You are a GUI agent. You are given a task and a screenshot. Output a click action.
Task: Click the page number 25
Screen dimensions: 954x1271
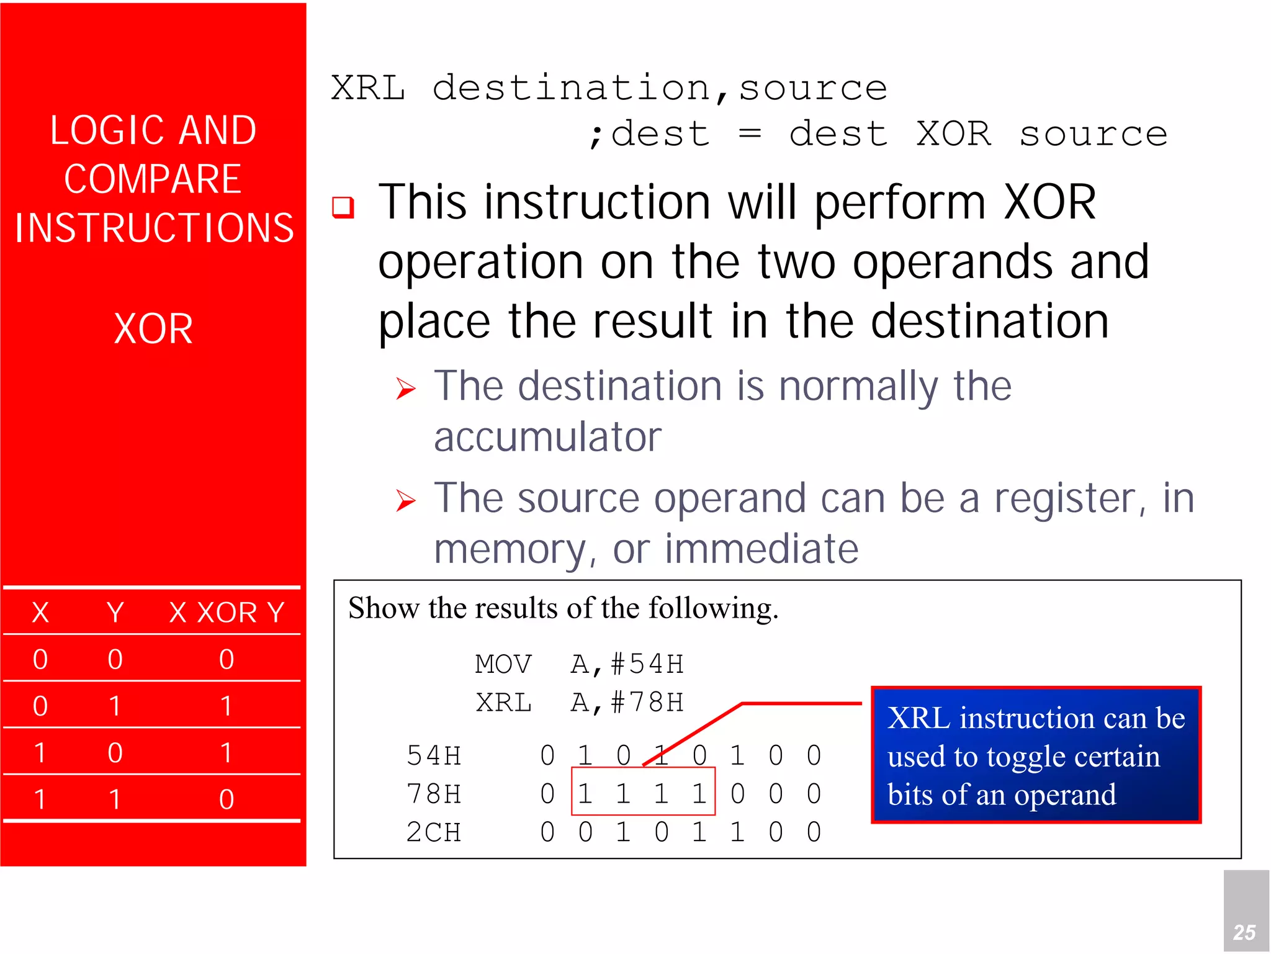point(1244,932)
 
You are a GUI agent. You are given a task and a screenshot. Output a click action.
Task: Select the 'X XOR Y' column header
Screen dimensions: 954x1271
point(227,613)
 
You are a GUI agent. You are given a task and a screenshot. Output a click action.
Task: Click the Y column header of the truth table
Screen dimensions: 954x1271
point(115,613)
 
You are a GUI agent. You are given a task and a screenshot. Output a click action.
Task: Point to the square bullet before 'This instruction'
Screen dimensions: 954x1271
point(343,207)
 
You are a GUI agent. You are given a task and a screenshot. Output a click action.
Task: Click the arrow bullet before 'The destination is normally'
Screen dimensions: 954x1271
point(406,389)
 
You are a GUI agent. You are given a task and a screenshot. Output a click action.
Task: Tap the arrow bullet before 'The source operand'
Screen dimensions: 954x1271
point(406,500)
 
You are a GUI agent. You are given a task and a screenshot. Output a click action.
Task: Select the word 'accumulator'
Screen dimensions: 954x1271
point(547,437)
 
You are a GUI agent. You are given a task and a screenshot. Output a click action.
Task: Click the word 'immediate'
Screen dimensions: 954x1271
point(761,549)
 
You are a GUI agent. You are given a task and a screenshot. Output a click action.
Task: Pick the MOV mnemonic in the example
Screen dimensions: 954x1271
point(503,664)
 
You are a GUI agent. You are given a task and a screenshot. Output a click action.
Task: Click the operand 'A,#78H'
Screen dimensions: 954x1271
point(627,703)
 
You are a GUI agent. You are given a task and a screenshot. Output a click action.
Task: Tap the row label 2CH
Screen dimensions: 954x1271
point(434,832)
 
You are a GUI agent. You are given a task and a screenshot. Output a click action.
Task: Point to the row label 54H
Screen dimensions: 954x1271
point(434,755)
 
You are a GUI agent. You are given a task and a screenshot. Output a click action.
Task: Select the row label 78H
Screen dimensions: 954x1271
point(434,794)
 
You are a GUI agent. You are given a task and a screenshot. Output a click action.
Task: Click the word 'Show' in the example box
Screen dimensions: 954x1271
point(383,608)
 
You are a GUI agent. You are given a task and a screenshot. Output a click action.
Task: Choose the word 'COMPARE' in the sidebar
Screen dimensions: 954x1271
point(153,179)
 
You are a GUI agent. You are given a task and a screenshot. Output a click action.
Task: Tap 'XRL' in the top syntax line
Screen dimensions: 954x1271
point(368,88)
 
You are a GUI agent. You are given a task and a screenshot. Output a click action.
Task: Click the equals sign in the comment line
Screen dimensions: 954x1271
point(750,133)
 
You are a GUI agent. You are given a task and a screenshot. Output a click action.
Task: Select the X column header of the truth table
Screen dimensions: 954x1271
point(40,613)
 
